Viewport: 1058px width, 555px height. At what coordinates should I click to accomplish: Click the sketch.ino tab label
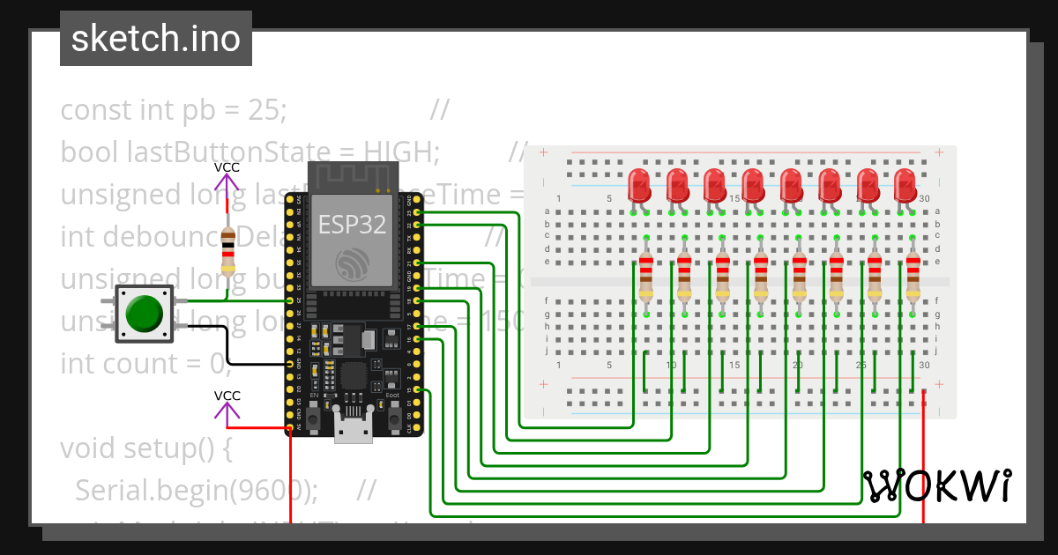tap(156, 39)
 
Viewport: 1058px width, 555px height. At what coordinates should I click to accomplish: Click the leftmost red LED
tap(639, 187)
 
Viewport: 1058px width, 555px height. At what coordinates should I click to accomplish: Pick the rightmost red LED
tap(905, 187)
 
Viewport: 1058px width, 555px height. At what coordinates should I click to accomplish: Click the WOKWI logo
tap(937, 485)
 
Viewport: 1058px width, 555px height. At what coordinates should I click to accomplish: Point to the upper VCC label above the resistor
tap(227, 167)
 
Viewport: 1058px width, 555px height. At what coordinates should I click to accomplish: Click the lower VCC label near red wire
tap(227, 396)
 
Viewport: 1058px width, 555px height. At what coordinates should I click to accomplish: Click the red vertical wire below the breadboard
tap(923, 467)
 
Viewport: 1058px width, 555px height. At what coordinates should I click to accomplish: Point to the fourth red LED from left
tap(753, 187)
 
